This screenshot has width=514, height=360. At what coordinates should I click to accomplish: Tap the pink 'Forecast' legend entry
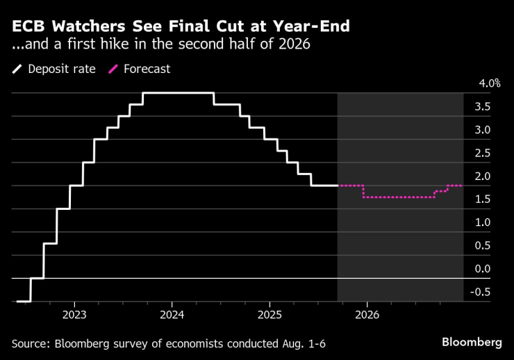click(140, 69)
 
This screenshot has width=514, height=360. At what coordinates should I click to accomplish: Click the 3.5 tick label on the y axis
click(483, 106)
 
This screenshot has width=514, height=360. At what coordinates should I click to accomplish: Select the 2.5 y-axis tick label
click(483, 153)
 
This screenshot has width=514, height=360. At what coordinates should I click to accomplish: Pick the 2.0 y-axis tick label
click(483, 176)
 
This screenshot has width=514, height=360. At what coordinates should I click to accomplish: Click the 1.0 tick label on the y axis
click(483, 222)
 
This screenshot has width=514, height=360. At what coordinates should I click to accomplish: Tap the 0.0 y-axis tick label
click(483, 268)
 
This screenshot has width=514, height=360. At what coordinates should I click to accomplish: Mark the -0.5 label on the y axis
click(481, 292)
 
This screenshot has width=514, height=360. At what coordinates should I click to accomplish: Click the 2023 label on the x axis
click(74, 313)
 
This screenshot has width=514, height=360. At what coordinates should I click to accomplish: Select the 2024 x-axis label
click(172, 313)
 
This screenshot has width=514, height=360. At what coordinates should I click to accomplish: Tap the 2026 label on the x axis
click(367, 313)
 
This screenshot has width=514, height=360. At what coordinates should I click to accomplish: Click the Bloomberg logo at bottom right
click(472, 343)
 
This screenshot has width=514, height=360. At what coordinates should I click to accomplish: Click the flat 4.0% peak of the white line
click(177, 93)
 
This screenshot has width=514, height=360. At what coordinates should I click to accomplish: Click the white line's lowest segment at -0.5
click(23, 301)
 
